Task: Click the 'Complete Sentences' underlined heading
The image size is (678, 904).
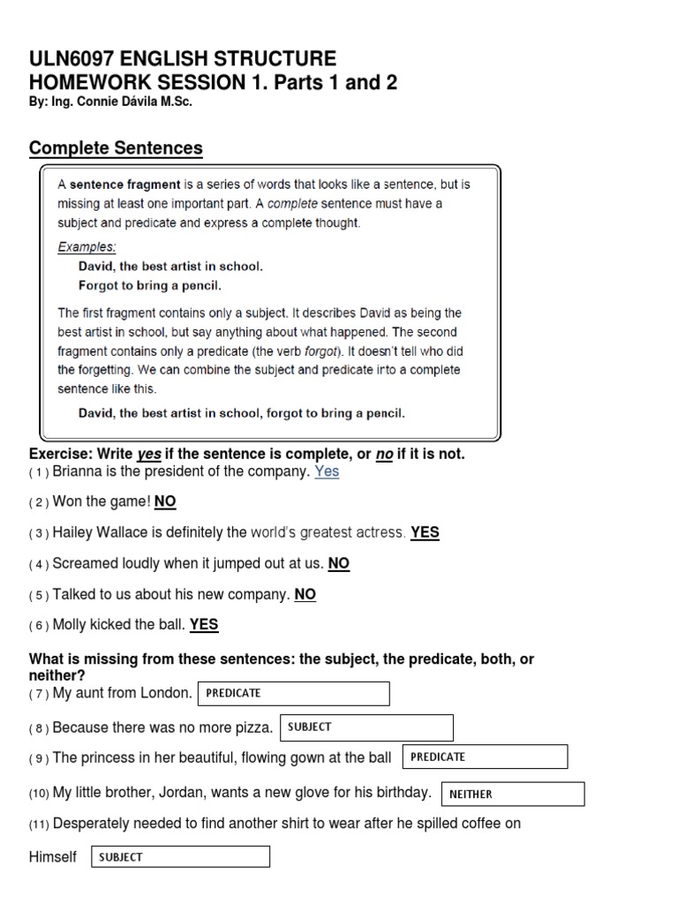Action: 116,147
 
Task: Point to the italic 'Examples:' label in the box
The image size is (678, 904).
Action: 87,246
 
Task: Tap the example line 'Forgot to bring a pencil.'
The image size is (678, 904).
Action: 149,285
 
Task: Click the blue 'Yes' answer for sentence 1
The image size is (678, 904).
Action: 327,471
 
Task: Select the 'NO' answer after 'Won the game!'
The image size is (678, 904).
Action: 165,501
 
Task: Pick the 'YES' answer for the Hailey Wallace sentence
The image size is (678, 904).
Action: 425,532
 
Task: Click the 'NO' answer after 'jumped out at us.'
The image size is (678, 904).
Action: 339,563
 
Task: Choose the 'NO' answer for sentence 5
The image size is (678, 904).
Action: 305,594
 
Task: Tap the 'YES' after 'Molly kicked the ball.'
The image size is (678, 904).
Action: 204,624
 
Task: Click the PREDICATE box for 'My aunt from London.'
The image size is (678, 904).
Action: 294,694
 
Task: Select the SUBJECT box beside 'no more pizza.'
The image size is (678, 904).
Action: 366,727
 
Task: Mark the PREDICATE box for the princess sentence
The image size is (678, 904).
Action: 485,757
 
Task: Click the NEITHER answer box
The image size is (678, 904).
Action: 511,794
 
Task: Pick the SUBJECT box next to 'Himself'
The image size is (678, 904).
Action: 180,856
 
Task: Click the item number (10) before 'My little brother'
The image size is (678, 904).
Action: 39,794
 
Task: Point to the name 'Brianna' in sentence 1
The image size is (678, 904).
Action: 78,471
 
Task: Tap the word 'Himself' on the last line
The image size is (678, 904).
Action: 53,856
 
